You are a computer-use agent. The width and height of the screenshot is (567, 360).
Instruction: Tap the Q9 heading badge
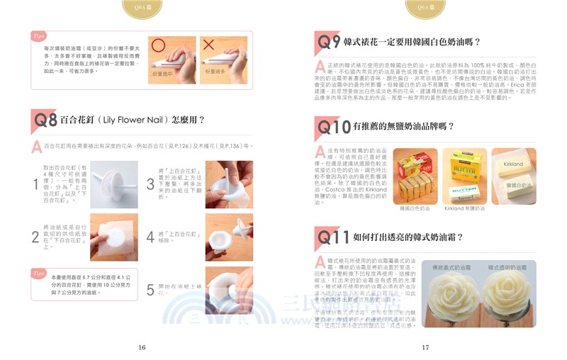pyautogui.click(x=328, y=42)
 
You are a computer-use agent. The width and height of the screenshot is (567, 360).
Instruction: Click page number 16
pyautogui.click(x=142, y=347)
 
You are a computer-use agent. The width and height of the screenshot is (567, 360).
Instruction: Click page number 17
pyautogui.click(x=425, y=347)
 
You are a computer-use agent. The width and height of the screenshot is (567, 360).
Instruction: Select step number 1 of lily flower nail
pyautogui.click(x=35, y=184)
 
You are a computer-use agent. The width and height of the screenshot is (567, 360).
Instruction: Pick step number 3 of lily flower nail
pyautogui.click(x=150, y=184)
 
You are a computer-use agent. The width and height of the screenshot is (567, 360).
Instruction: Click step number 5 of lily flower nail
pyautogui.click(x=150, y=290)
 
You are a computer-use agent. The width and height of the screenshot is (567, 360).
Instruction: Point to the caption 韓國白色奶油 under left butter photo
pyautogui.click(x=415, y=209)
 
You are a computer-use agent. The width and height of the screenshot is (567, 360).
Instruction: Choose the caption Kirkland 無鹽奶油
pyautogui.click(x=464, y=209)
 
